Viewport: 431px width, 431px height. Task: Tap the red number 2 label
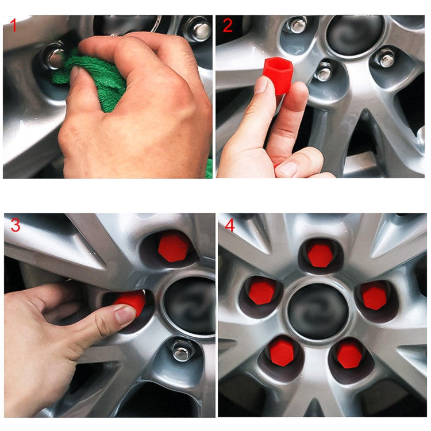pyautogui.click(x=228, y=25)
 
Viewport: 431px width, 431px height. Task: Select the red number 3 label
pyautogui.click(x=15, y=225)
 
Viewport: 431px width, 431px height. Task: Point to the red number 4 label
pyautogui.click(x=230, y=225)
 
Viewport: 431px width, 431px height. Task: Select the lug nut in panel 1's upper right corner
pyautogui.click(x=199, y=29)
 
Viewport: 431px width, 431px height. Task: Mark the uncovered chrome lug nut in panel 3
pyautogui.click(x=183, y=350)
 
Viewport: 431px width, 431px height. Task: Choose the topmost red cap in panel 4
pyautogui.click(x=319, y=255)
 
